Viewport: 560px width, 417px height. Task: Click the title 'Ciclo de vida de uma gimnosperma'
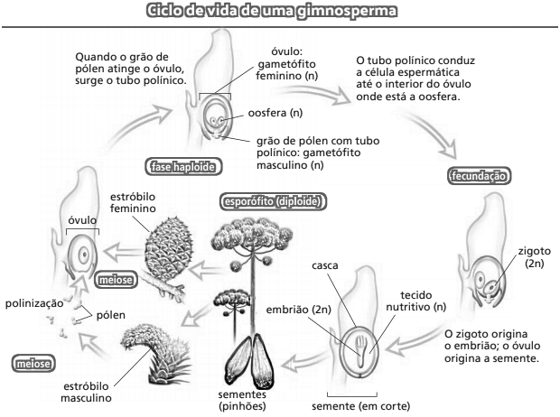(x=279, y=13)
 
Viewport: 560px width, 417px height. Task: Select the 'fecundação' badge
(x=473, y=177)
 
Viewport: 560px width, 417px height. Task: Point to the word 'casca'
(x=325, y=267)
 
